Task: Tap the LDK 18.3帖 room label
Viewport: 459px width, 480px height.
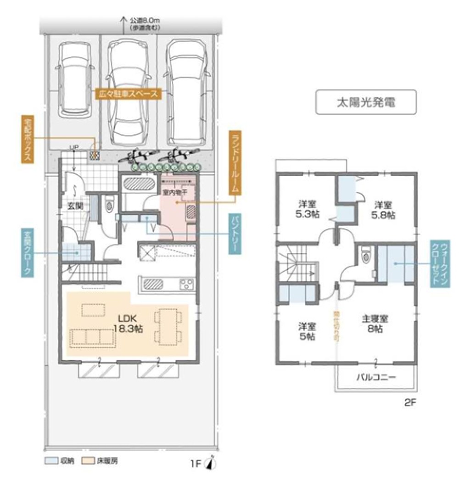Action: [x=126, y=324]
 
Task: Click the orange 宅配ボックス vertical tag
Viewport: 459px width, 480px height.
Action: [x=27, y=139]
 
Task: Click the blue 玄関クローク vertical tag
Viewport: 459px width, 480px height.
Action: [x=27, y=252]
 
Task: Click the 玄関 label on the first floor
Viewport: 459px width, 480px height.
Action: [x=75, y=206]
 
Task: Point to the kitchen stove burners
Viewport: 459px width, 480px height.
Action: [x=186, y=284]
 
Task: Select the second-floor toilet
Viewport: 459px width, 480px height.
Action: [x=366, y=256]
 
